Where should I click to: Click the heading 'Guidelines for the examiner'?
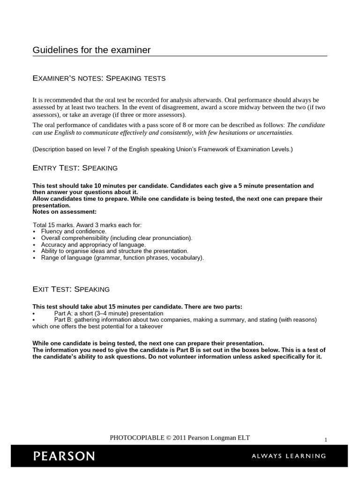click(91, 50)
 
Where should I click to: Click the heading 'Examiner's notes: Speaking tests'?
click(99, 78)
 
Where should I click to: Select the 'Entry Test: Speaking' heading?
click(75, 168)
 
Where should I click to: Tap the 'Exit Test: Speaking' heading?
click(71, 289)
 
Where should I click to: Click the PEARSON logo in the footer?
click(64, 456)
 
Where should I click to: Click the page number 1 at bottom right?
click(325, 440)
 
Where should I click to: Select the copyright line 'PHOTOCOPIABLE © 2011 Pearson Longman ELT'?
click(180, 438)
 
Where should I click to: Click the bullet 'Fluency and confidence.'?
click(74, 232)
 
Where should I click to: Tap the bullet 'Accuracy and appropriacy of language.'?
click(93, 245)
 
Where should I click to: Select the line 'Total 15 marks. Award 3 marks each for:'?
click(87, 225)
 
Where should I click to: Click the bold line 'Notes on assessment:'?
click(64, 212)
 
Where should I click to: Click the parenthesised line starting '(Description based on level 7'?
click(162, 149)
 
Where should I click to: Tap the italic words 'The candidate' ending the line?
click(306, 125)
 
